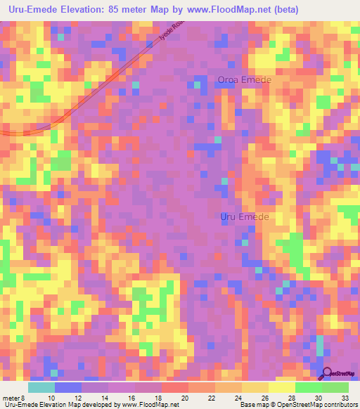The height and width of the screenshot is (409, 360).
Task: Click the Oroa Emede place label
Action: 244,80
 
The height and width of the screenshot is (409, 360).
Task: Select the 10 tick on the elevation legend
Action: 51,397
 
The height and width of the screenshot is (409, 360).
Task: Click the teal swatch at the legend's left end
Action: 41,387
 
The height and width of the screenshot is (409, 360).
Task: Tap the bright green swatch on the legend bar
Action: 308,387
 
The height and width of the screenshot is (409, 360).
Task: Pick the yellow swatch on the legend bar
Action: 281,387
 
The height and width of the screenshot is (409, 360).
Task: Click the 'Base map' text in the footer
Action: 254,405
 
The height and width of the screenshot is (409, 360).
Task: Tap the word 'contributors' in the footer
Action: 337,405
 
